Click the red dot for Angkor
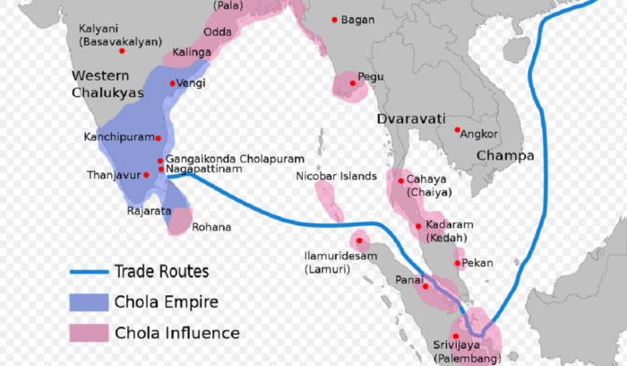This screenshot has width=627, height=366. click(x=457, y=130)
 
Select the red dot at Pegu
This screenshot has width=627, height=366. click(x=353, y=83)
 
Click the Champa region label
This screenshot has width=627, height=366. click(x=504, y=155)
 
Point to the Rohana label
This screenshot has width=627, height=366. click(x=211, y=227)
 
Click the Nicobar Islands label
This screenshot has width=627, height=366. click(x=337, y=177)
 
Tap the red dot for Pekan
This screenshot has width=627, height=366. click(x=459, y=262)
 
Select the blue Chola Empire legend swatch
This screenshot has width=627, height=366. click(x=87, y=301)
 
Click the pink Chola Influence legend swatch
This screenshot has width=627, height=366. click(x=87, y=332)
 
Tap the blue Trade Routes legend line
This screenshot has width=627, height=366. click(x=87, y=271)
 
